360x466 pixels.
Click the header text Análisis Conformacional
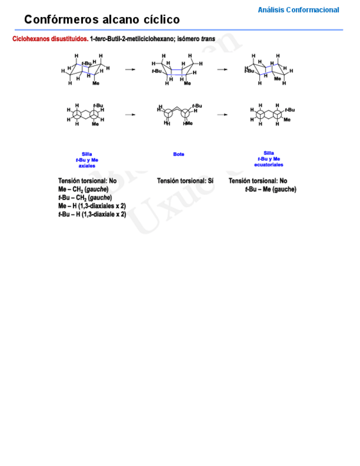tap(298, 10)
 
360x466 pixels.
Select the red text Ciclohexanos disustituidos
tap(50, 40)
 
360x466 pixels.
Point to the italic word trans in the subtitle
tap(208, 40)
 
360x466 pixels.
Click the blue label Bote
tap(179, 154)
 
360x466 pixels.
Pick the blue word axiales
tap(87, 165)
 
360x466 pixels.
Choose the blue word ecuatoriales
tap(269, 164)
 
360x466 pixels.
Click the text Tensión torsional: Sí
tap(185, 181)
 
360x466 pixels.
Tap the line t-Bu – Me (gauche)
tap(270, 190)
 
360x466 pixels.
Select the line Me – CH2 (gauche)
tap(83, 190)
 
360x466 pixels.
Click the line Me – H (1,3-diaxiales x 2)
tap(92, 206)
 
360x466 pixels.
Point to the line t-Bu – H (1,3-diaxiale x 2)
tap(92, 214)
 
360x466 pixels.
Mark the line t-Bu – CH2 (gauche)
tap(85, 198)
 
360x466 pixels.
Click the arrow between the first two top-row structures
tap(130, 70)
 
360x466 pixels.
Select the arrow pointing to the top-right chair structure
tap(222, 70)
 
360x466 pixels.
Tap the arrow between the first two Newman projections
tap(130, 114)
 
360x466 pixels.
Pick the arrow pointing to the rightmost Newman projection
tap(222, 114)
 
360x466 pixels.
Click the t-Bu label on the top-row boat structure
tap(157, 71)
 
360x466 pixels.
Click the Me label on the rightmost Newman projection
tap(287, 119)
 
